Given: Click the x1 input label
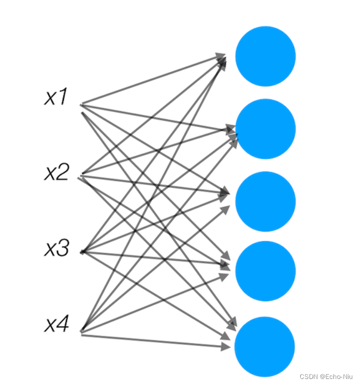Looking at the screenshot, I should coord(56,97).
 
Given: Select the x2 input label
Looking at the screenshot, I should coord(56,173).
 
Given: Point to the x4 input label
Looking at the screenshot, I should coord(56,325).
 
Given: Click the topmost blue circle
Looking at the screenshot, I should coord(265,56).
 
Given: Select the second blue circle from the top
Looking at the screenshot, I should coord(265,129).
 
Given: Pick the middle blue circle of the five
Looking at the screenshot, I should coord(265,201).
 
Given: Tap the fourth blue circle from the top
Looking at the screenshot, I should coord(265,271).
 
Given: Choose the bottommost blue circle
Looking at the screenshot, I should coord(265,346).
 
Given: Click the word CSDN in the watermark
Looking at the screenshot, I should coord(307,376).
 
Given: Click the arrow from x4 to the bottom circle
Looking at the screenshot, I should coord(151,340).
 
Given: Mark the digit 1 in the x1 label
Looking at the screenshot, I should coord(63,97).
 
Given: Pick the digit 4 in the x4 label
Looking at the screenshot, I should coord(63,325).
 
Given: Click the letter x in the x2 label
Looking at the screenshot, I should coord(50,174).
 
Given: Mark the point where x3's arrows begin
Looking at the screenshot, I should coord(82,251).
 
